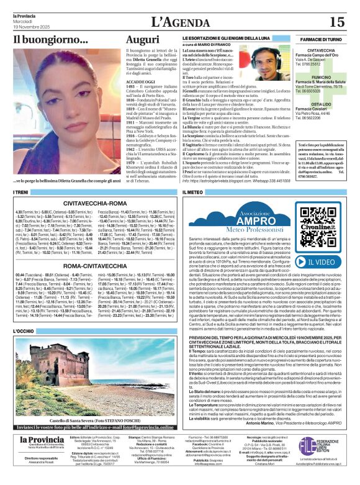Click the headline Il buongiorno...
click(51, 40)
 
